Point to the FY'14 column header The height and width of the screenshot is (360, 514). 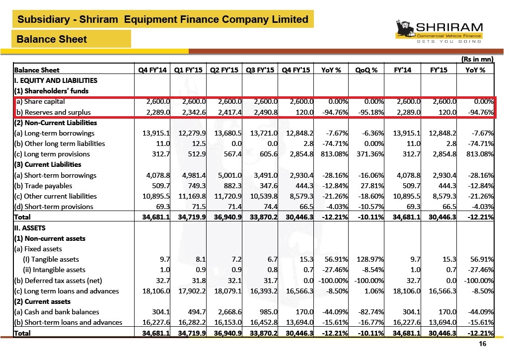(x=403, y=70)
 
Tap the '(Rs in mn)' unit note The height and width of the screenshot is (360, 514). (x=477, y=59)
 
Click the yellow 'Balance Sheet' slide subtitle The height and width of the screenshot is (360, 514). (x=52, y=39)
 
